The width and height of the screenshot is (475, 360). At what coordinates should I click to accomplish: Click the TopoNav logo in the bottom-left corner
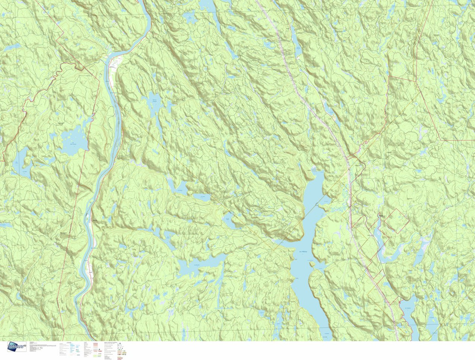pos(17,347)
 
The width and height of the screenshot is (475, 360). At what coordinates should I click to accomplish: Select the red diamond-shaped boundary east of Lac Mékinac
pos(394,220)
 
